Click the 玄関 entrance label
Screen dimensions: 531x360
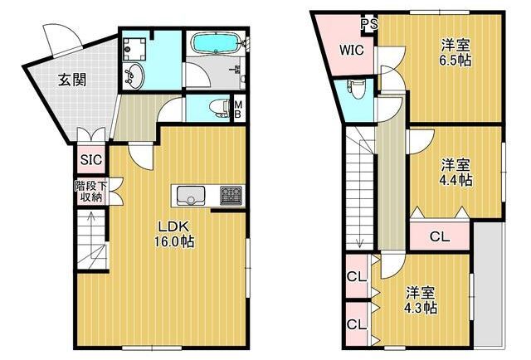coord(72,80)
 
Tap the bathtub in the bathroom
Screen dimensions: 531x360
coord(216,42)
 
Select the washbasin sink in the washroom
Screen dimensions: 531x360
coord(133,75)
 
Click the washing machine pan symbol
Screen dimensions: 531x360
coord(134,49)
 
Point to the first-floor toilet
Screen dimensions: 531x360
coord(219,108)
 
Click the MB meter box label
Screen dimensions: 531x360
coord(238,109)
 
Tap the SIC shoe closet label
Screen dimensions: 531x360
coord(91,159)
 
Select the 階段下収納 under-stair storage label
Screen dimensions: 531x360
coord(91,192)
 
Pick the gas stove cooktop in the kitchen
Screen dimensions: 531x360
coord(231,196)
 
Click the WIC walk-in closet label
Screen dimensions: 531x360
coord(352,50)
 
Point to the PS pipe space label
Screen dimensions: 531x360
coord(369,24)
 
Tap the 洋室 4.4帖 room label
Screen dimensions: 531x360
coord(455,172)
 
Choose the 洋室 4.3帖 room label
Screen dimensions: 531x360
coord(421,299)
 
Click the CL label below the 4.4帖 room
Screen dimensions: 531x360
coord(440,236)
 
